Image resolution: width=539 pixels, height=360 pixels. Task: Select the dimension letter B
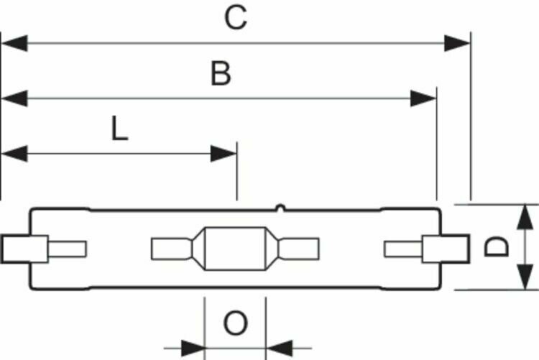coord(221,73)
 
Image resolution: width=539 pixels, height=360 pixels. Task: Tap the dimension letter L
coord(119,129)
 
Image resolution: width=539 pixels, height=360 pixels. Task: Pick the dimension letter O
coord(235,324)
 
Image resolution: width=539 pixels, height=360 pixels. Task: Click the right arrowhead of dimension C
coord(456,44)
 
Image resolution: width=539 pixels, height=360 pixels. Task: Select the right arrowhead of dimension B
coord(423,98)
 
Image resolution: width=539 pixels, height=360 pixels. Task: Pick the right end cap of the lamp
coord(444,249)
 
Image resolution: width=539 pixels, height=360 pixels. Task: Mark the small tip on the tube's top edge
coord(280,210)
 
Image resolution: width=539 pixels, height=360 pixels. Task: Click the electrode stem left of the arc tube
coord(170,249)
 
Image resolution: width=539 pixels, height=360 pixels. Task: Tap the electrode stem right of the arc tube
coord(300,249)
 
